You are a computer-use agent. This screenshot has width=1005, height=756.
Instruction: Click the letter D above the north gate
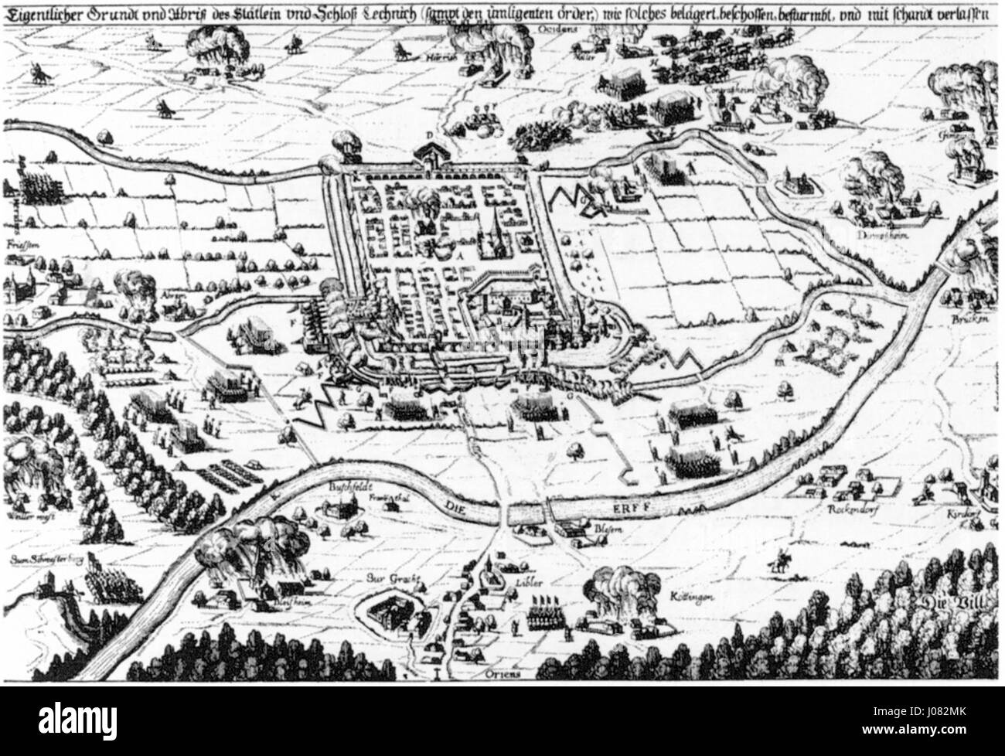428,133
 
